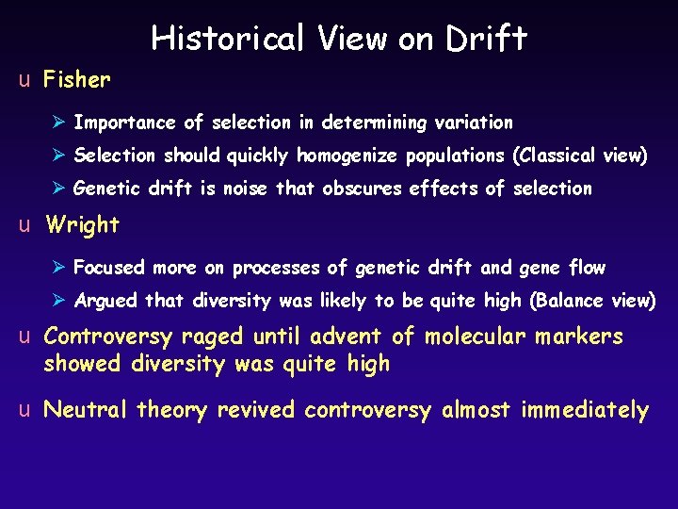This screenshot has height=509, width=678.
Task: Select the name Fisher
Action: pos(77,80)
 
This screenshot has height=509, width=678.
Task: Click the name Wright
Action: pos(82,225)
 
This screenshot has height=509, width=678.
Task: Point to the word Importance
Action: pos(124,123)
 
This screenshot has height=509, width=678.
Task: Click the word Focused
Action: pos(109,268)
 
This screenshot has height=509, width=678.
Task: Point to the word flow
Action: pos(587,268)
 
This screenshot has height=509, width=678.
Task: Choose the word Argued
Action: pos(105,301)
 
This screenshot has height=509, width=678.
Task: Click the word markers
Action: pos(579,337)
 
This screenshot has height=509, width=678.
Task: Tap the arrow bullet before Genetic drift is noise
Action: pos(60,189)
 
